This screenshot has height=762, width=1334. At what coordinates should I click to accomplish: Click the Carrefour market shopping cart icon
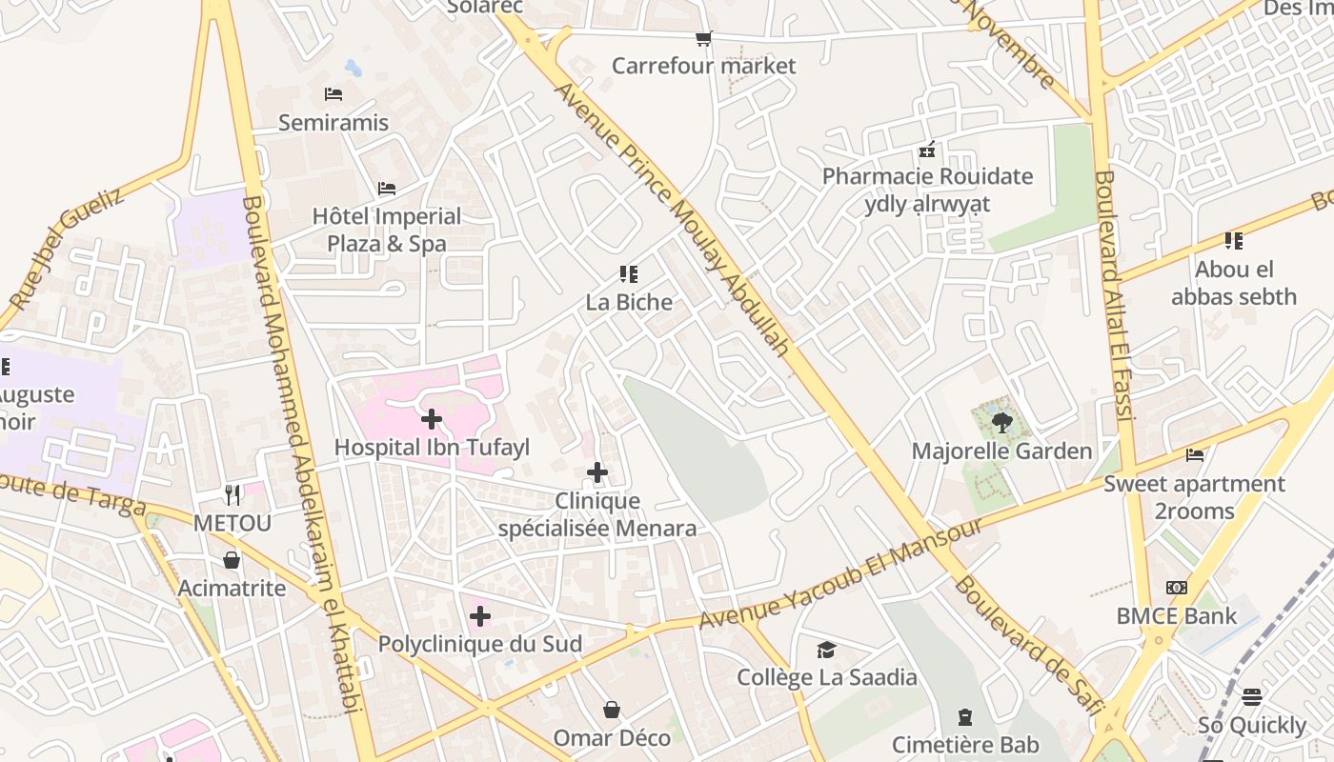(x=703, y=39)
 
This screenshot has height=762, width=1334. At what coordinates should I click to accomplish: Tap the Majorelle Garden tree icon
(x=1000, y=423)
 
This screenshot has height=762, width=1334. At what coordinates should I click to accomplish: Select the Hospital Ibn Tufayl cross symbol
(x=432, y=419)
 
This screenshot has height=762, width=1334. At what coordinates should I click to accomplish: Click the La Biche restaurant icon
(x=629, y=274)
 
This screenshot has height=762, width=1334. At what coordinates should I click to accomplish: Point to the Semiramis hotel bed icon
(x=333, y=94)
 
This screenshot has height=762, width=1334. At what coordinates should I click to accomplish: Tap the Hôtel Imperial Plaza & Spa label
(x=387, y=230)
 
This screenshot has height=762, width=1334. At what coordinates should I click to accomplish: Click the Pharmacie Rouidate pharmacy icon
(x=927, y=150)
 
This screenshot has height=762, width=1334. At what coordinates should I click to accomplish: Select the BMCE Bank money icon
(x=1177, y=588)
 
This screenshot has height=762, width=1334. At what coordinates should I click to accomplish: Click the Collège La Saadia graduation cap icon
(x=826, y=650)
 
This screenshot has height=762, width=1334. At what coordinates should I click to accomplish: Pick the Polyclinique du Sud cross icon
(x=480, y=616)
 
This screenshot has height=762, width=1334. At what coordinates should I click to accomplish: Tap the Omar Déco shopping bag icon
(x=612, y=711)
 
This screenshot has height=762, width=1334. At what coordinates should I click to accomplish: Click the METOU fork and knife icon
(x=232, y=494)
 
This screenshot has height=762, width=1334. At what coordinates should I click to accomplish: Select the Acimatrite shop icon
(x=232, y=560)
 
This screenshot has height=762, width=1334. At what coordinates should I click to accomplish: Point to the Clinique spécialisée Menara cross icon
(x=597, y=472)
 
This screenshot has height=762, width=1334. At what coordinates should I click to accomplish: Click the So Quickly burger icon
(x=1252, y=697)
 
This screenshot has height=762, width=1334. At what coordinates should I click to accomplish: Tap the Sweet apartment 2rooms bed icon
(x=1195, y=455)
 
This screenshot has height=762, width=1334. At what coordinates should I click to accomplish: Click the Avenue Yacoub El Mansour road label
(x=840, y=574)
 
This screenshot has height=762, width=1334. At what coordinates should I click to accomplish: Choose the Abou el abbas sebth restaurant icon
(x=1234, y=241)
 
